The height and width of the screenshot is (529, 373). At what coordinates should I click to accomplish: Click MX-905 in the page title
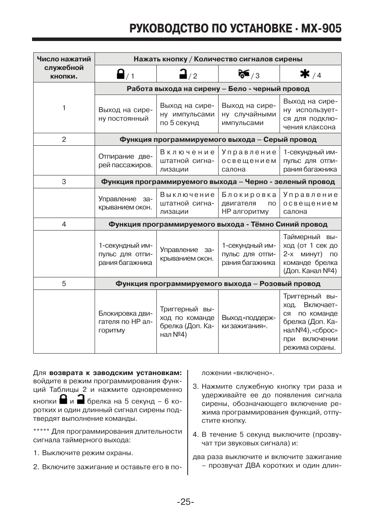319,29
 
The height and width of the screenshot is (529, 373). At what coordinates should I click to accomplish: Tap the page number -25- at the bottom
186,502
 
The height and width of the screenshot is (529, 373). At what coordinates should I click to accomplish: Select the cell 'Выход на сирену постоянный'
125,114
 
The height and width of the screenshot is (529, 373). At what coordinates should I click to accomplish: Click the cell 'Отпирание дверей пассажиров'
125,161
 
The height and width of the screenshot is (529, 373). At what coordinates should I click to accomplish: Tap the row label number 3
64,182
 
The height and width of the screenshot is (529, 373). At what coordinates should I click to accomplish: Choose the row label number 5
64,284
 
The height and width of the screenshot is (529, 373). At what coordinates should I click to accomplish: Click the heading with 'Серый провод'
218,139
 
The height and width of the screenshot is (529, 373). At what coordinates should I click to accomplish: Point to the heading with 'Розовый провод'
218,284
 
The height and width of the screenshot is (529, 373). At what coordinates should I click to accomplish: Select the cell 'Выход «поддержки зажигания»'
249,322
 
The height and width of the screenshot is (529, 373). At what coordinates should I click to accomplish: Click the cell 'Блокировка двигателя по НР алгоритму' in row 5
125,322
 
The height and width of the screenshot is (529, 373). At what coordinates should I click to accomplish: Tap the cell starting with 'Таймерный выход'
310,254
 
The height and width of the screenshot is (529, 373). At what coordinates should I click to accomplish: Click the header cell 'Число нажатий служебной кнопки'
64,68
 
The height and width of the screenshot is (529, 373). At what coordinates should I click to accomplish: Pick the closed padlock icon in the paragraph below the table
63,399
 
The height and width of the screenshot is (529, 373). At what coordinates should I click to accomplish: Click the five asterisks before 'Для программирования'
41,432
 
